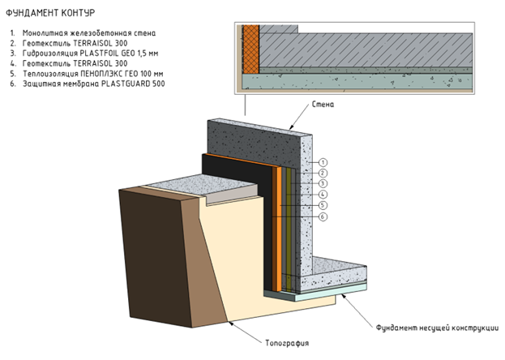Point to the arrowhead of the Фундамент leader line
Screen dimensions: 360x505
coord(343,297)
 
